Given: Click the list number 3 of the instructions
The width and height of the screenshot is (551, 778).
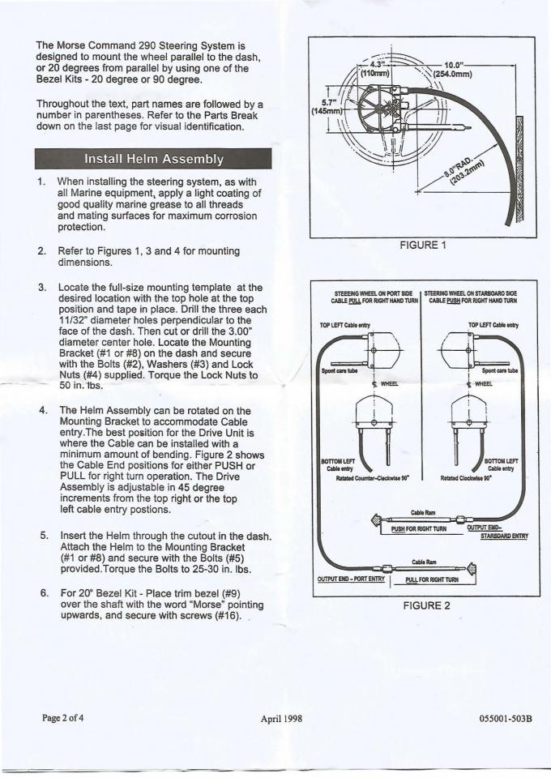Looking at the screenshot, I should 41,289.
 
